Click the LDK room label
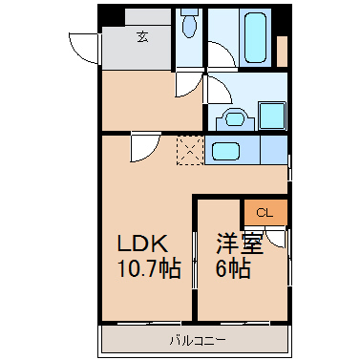pos(142,244)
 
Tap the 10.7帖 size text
pos(149,269)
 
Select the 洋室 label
pos(240,244)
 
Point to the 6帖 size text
pos(233,269)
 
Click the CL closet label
pos(265,213)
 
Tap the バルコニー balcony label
pos(198,341)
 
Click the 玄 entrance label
pos(143,37)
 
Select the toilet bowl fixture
pos(189,23)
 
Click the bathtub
pos(255,37)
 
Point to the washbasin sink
pos(235,119)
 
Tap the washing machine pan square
pos(272,116)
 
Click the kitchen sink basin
pos(225,151)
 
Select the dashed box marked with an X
pos(190,150)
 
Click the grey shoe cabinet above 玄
pos(148,17)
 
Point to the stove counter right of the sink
pos(274,150)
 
